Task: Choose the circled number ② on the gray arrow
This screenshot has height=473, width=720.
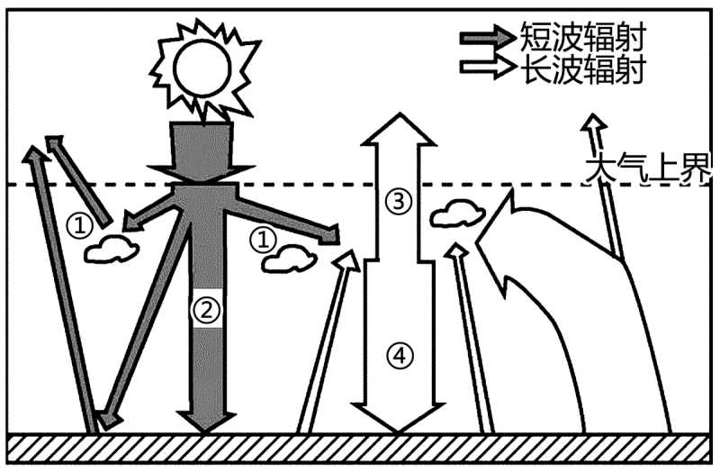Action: click(x=206, y=311)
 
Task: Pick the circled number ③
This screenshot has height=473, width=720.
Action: click(x=396, y=201)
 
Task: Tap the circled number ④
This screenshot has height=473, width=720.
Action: click(x=397, y=355)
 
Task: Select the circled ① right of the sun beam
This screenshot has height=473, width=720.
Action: click(x=262, y=238)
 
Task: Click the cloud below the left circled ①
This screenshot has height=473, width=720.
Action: click(x=112, y=249)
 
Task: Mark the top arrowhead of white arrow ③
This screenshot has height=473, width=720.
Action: click(x=397, y=131)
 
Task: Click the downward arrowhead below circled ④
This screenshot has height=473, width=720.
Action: click(x=397, y=419)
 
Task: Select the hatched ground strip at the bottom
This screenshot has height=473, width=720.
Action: click(x=360, y=448)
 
